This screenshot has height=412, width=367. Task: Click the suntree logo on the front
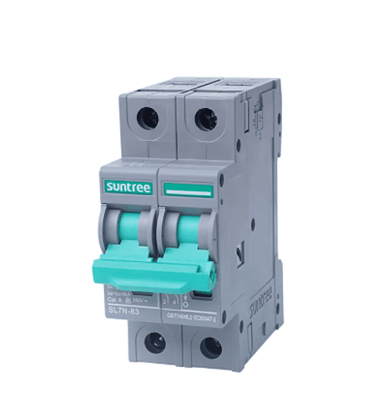pyautogui.click(x=128, y=188)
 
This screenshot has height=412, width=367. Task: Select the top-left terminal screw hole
pyautogui.click(x=148, y=118)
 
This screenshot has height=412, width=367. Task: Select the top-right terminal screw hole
pyautogui.click(x=205, y=119)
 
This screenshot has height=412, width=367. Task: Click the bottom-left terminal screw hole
pyautogui.click(x=155, y=342)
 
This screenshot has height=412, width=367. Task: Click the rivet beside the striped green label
pyautogui.click(x=222, y=183)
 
